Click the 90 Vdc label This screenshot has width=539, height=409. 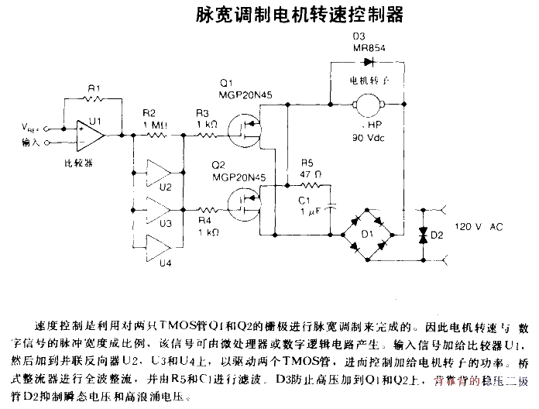(369, 137)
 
